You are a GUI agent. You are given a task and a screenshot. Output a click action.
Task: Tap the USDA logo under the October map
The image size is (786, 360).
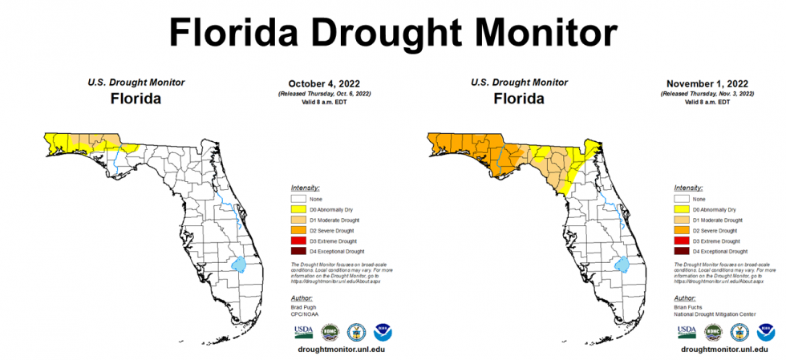click(304, 331)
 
